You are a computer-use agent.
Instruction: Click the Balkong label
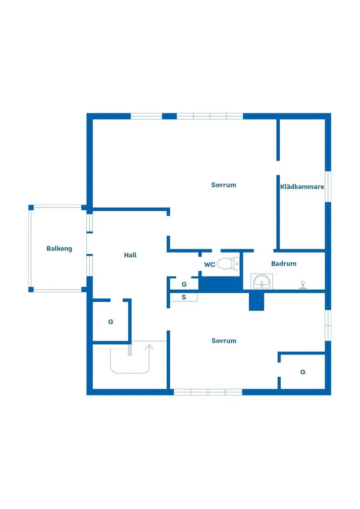tap(59, 249)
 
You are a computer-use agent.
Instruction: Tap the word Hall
tap(130, 255)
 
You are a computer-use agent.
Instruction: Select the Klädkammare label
tap(302, 187)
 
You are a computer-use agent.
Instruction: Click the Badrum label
tap(284, 263)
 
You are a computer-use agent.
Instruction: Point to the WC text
tap(209, 265)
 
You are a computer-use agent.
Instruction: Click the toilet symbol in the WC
tap(228, 263)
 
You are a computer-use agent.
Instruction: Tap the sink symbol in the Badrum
tap(261, 281)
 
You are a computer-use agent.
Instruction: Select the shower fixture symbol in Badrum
tap(303, 285)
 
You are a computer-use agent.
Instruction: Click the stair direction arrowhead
tap(149, 347)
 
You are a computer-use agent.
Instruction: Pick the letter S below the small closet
tap(184, 297)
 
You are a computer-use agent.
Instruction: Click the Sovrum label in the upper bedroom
tap(223, 185)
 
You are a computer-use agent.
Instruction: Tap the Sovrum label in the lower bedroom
tap(224, 341)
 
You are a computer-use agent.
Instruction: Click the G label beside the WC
tap(184, 284)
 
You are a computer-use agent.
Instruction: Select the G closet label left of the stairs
tap(111, 322)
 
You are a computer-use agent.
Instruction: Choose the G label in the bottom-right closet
tap(303, 372)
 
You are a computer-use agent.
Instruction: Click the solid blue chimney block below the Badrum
tap(256, 301)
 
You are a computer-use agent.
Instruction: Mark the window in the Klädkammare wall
tap(328, 187)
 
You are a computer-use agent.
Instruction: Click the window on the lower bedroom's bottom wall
tap(208, 392)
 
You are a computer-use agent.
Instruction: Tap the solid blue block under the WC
tap(221, 284)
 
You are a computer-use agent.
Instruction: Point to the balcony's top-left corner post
tap(31, 208)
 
